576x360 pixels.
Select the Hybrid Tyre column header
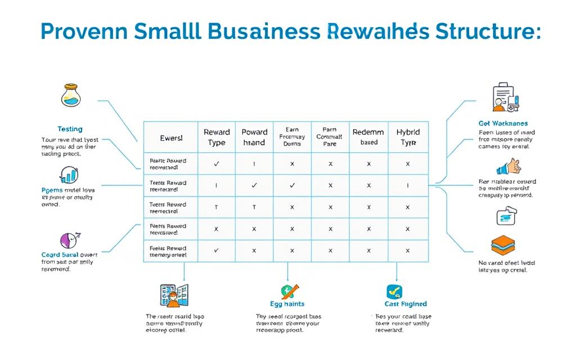tap(408, 137)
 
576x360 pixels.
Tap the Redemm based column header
tap(368, 137)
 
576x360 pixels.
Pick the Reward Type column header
tap(217, 137)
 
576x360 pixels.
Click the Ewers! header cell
tap(171, 137)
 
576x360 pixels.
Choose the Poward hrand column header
tap(254, 137)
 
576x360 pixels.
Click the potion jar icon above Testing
tap(70, 96)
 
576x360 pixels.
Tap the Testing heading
tap(70, 129)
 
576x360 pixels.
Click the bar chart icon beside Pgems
tap(69, 175)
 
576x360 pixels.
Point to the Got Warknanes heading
tap(503, 123)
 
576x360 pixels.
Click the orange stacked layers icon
tap(503, 246)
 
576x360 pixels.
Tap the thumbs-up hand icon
tap(508, 167)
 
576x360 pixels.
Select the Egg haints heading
tap(287, 304)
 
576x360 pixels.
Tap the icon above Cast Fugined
tap(394, 291)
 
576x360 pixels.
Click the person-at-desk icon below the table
tap(174, 295)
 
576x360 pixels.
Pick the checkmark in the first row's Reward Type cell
tap(217, 164)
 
